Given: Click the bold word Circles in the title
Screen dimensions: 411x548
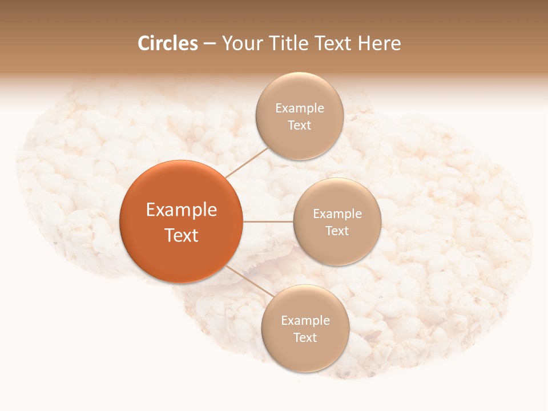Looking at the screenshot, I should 168,43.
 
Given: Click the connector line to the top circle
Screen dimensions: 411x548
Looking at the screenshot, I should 247,161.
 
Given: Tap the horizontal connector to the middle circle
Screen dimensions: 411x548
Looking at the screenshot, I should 268,221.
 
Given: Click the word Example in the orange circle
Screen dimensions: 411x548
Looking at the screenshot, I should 182,210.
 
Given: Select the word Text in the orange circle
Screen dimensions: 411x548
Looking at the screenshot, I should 182,235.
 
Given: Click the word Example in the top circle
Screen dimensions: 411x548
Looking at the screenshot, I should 300,108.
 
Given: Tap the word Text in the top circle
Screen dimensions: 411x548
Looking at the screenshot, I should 299,126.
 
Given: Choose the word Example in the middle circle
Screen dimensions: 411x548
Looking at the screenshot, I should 337,214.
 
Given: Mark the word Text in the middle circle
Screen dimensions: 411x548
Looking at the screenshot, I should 337,231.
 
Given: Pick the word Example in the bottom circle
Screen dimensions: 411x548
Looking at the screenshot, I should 305,321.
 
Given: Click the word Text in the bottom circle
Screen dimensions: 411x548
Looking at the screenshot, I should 305,338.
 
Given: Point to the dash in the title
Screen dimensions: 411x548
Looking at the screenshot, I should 209,44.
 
